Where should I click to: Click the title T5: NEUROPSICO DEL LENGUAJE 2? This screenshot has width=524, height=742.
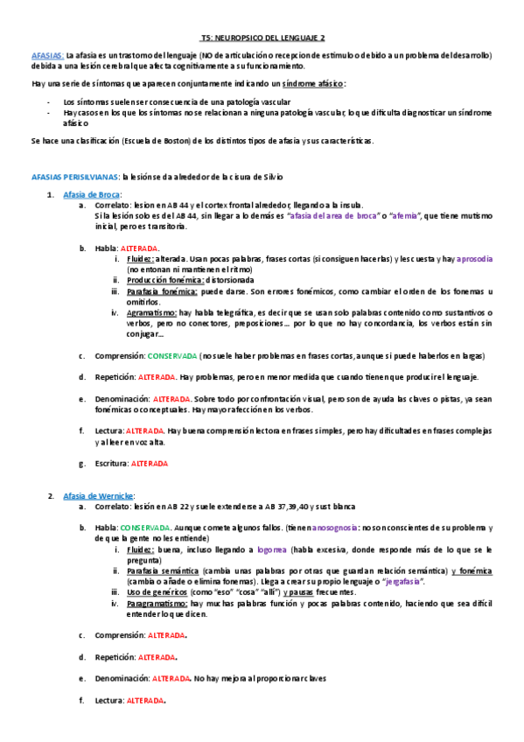(x=262, y=38)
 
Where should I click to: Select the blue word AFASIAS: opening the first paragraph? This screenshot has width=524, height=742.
(x=46, y=55)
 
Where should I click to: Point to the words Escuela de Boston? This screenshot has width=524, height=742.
(x=157, y=141)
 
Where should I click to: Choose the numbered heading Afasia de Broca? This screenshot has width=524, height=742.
(x=92, y=193)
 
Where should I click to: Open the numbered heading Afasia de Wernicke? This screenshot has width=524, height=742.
(x=98, y=496)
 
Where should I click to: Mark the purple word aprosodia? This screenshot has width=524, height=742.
(x=474, y=260)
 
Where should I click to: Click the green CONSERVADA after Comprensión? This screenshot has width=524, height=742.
(x=171, y=356)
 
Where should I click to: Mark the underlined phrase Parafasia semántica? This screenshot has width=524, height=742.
(x=164, y=570)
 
